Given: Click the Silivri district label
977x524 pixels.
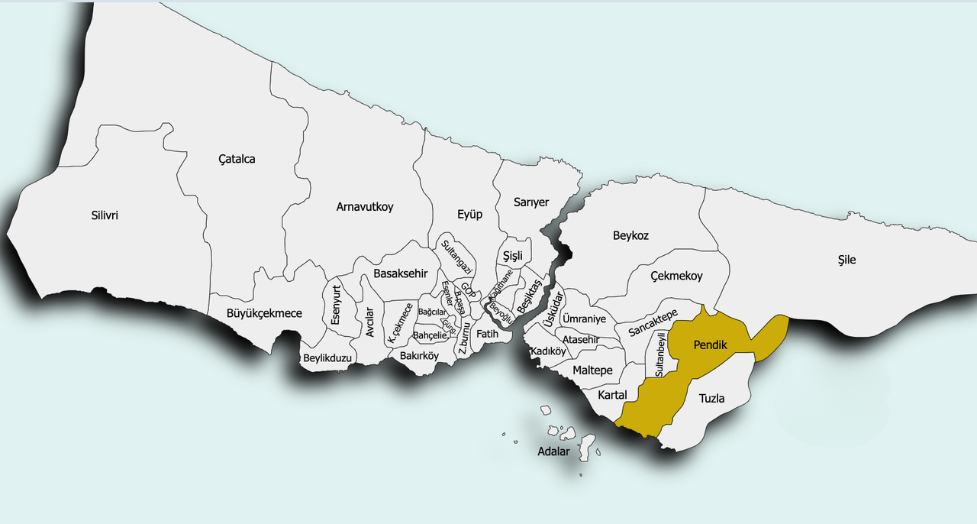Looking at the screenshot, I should [105, 215].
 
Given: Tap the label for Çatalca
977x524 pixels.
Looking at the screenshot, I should [237, 160].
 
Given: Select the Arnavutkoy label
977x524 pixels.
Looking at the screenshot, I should [365, 207].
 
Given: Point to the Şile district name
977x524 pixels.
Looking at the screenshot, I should [846, 260].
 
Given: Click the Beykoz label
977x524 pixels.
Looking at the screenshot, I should [630, 236].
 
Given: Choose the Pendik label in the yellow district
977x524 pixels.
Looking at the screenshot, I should [710, 346].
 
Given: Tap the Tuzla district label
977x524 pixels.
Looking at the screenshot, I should [711, 399].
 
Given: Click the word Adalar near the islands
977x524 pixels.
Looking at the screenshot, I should [553, 451].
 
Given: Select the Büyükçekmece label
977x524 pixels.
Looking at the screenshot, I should [265, 313].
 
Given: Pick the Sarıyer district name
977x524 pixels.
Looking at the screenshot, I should [531, 202].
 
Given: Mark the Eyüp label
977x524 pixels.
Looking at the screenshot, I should [469, 215].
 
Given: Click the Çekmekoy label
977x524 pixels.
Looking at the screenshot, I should [676, 276].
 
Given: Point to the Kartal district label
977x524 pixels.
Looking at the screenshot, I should [612, 395].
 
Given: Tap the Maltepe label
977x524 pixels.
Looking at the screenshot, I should [592, 370].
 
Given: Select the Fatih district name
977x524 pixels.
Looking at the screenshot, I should [487, 334].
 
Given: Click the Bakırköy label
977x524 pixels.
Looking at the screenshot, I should [419, 355].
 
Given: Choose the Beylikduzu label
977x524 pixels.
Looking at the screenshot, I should [327, 358].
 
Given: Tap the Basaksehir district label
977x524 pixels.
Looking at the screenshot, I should [406, 273].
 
